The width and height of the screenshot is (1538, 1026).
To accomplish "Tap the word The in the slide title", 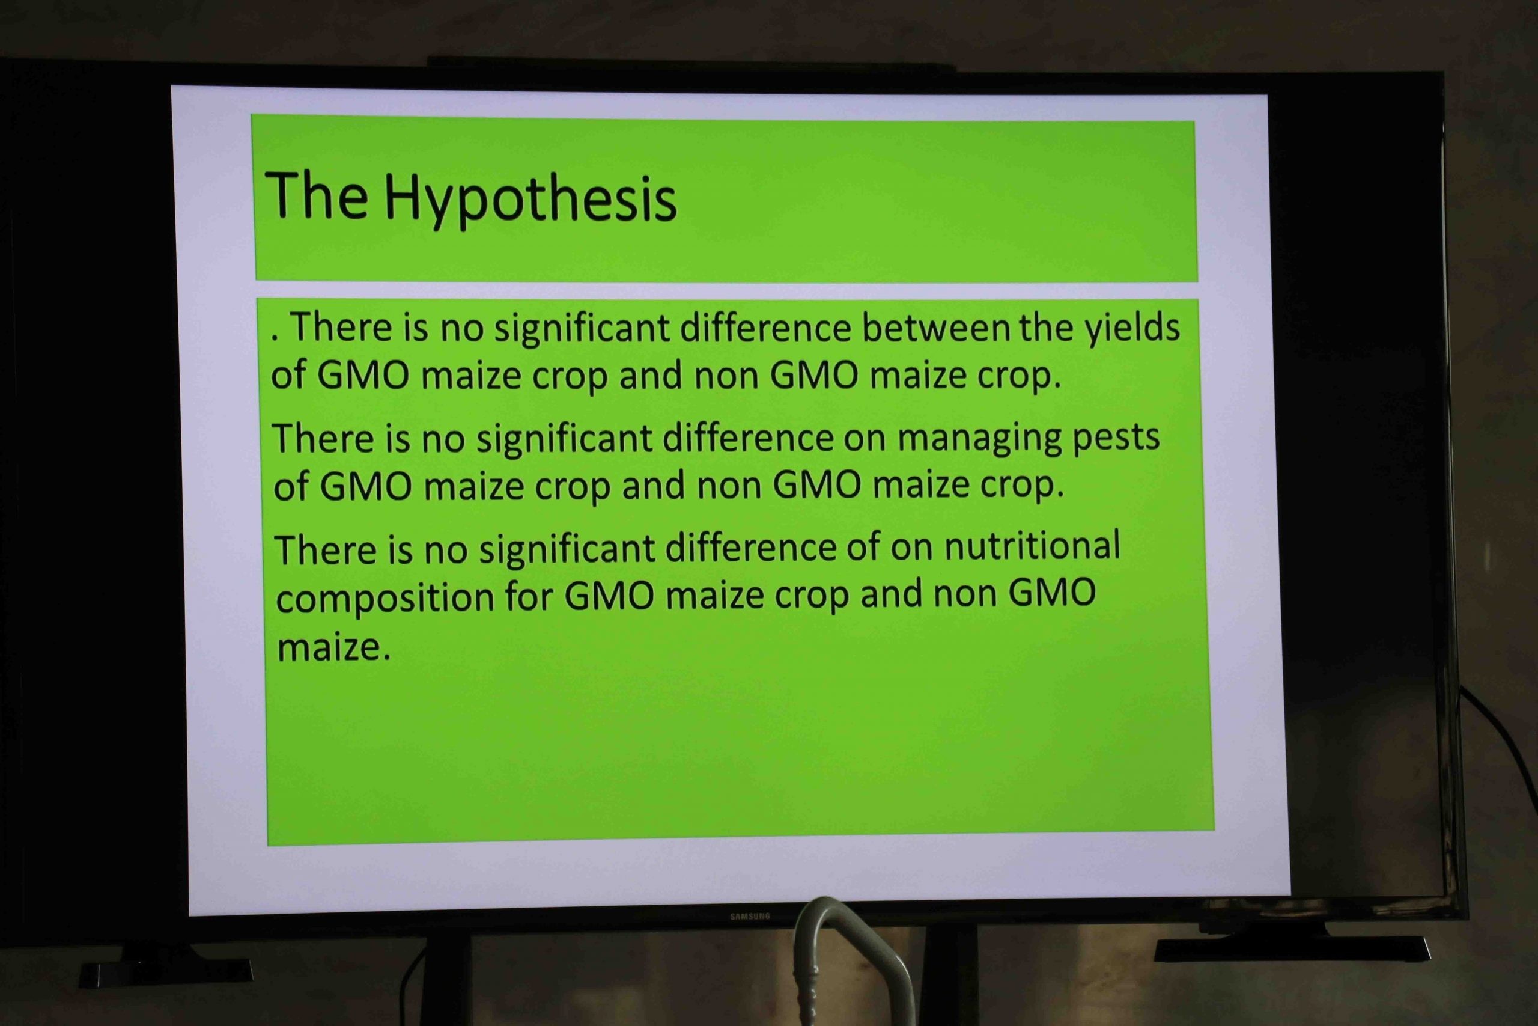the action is click(x=317, y=194).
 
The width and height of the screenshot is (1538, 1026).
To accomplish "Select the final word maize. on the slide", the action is click(x=333, y=647).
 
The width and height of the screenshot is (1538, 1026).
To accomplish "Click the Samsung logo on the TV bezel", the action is click(x=750, y=916).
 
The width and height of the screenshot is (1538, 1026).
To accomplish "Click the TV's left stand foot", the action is click(x=165, y=973).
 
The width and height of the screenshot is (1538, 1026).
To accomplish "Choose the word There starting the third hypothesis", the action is click(x=326, y=549).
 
